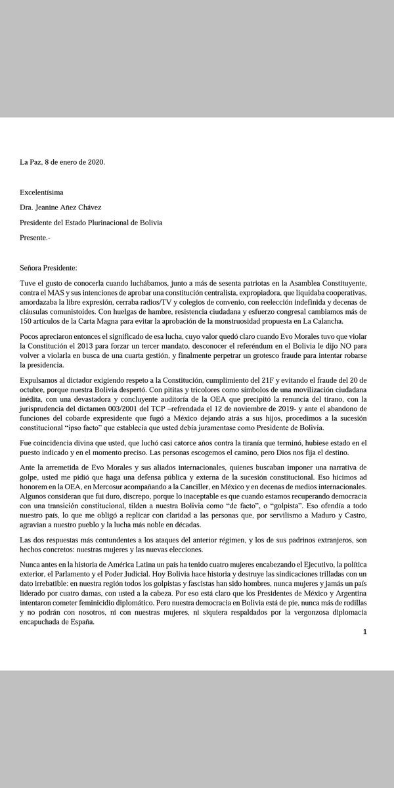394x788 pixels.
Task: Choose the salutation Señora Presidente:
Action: click(49, 269)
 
